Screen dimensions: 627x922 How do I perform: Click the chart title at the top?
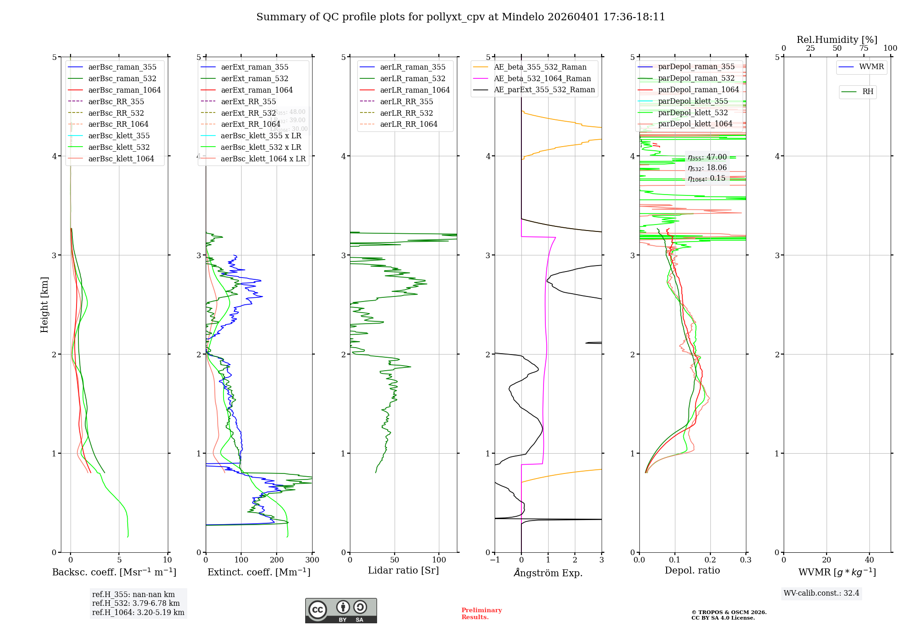461,17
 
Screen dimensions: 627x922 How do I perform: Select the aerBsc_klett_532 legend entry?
119,147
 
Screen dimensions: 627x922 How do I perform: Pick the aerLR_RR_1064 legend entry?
408,124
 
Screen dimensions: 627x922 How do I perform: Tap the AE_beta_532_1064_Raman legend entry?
542,78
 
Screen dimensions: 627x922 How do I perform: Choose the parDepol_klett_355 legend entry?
693,101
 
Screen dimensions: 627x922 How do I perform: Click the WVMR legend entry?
871,67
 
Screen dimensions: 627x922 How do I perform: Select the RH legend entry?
868,92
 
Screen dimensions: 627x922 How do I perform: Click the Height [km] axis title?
44,304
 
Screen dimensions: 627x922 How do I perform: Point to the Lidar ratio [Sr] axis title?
403,570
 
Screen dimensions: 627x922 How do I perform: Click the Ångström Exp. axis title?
548,573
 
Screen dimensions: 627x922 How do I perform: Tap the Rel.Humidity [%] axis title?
837,40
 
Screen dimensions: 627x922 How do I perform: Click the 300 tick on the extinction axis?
312,560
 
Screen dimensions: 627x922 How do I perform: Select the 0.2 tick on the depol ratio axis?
710,560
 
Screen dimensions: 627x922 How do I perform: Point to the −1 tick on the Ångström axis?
494,560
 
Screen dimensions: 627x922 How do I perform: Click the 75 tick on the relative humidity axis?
863,48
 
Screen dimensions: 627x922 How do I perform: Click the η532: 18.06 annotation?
707,168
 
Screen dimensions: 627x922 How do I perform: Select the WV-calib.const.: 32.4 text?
822,593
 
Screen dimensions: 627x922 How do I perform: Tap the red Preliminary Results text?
481,614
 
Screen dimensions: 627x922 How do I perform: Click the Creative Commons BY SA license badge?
341,611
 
